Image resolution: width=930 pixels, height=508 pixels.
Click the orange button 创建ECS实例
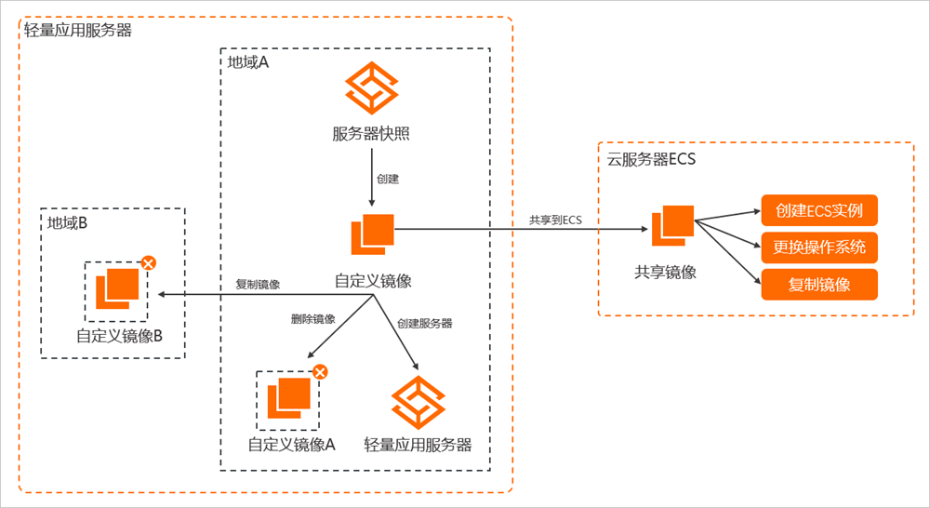[819, 210]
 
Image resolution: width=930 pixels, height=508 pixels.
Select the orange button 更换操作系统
[819, 247]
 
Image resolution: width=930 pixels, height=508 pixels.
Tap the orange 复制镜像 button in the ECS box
[819, 285]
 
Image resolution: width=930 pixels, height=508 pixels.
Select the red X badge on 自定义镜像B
[147, 263]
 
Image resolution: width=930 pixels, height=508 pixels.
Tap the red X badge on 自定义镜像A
[320, 372]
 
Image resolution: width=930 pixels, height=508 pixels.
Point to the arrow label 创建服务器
[425, 324]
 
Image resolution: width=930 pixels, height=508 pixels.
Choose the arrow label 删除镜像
[313, 319]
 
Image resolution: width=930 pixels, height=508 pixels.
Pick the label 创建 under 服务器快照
[389, 177]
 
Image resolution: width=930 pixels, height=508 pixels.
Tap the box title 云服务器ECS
[651, 158]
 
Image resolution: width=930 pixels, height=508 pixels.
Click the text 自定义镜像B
[120, 336]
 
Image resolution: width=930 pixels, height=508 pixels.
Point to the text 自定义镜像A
[291, 444]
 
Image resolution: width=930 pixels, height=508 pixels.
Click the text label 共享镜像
[666, 272]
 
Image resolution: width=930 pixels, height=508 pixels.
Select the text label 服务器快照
[371, 133]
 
